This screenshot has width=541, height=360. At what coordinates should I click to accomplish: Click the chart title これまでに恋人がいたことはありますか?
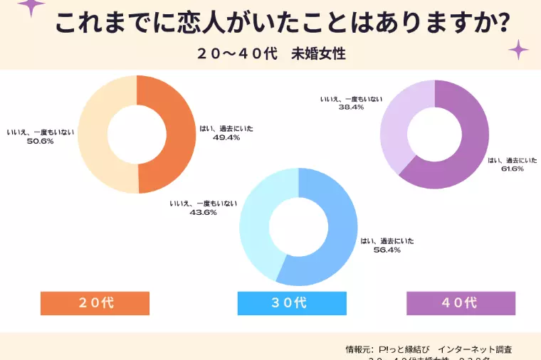[x=282, y=24]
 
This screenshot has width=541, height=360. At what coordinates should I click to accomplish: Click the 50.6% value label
[x=40, y=141]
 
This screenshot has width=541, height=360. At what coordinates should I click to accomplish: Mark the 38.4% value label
[x=352, y=107]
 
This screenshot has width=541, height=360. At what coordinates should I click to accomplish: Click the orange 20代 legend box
[x=95, y=303]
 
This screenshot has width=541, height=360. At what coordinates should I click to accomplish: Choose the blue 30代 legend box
[x=292, y=303]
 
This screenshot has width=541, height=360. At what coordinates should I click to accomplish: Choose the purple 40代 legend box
[x=461, y=303]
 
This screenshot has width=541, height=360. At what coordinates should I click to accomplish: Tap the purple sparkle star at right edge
[x=518, y=50]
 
